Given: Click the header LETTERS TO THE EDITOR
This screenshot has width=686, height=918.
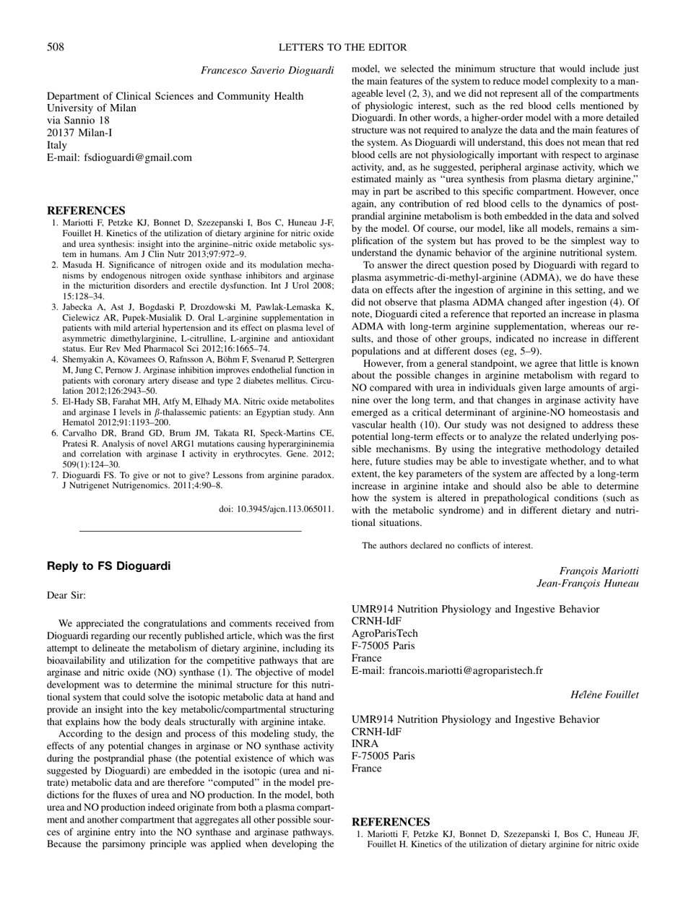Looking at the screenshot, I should tap(342, 48).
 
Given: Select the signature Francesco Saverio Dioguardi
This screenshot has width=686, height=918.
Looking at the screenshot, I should tap(267, 71).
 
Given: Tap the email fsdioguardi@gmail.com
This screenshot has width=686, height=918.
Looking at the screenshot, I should tap(119, 157).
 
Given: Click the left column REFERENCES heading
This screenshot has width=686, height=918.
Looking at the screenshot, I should tap(86, 210).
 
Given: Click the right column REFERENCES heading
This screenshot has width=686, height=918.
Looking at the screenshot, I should tap(390, 822).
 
